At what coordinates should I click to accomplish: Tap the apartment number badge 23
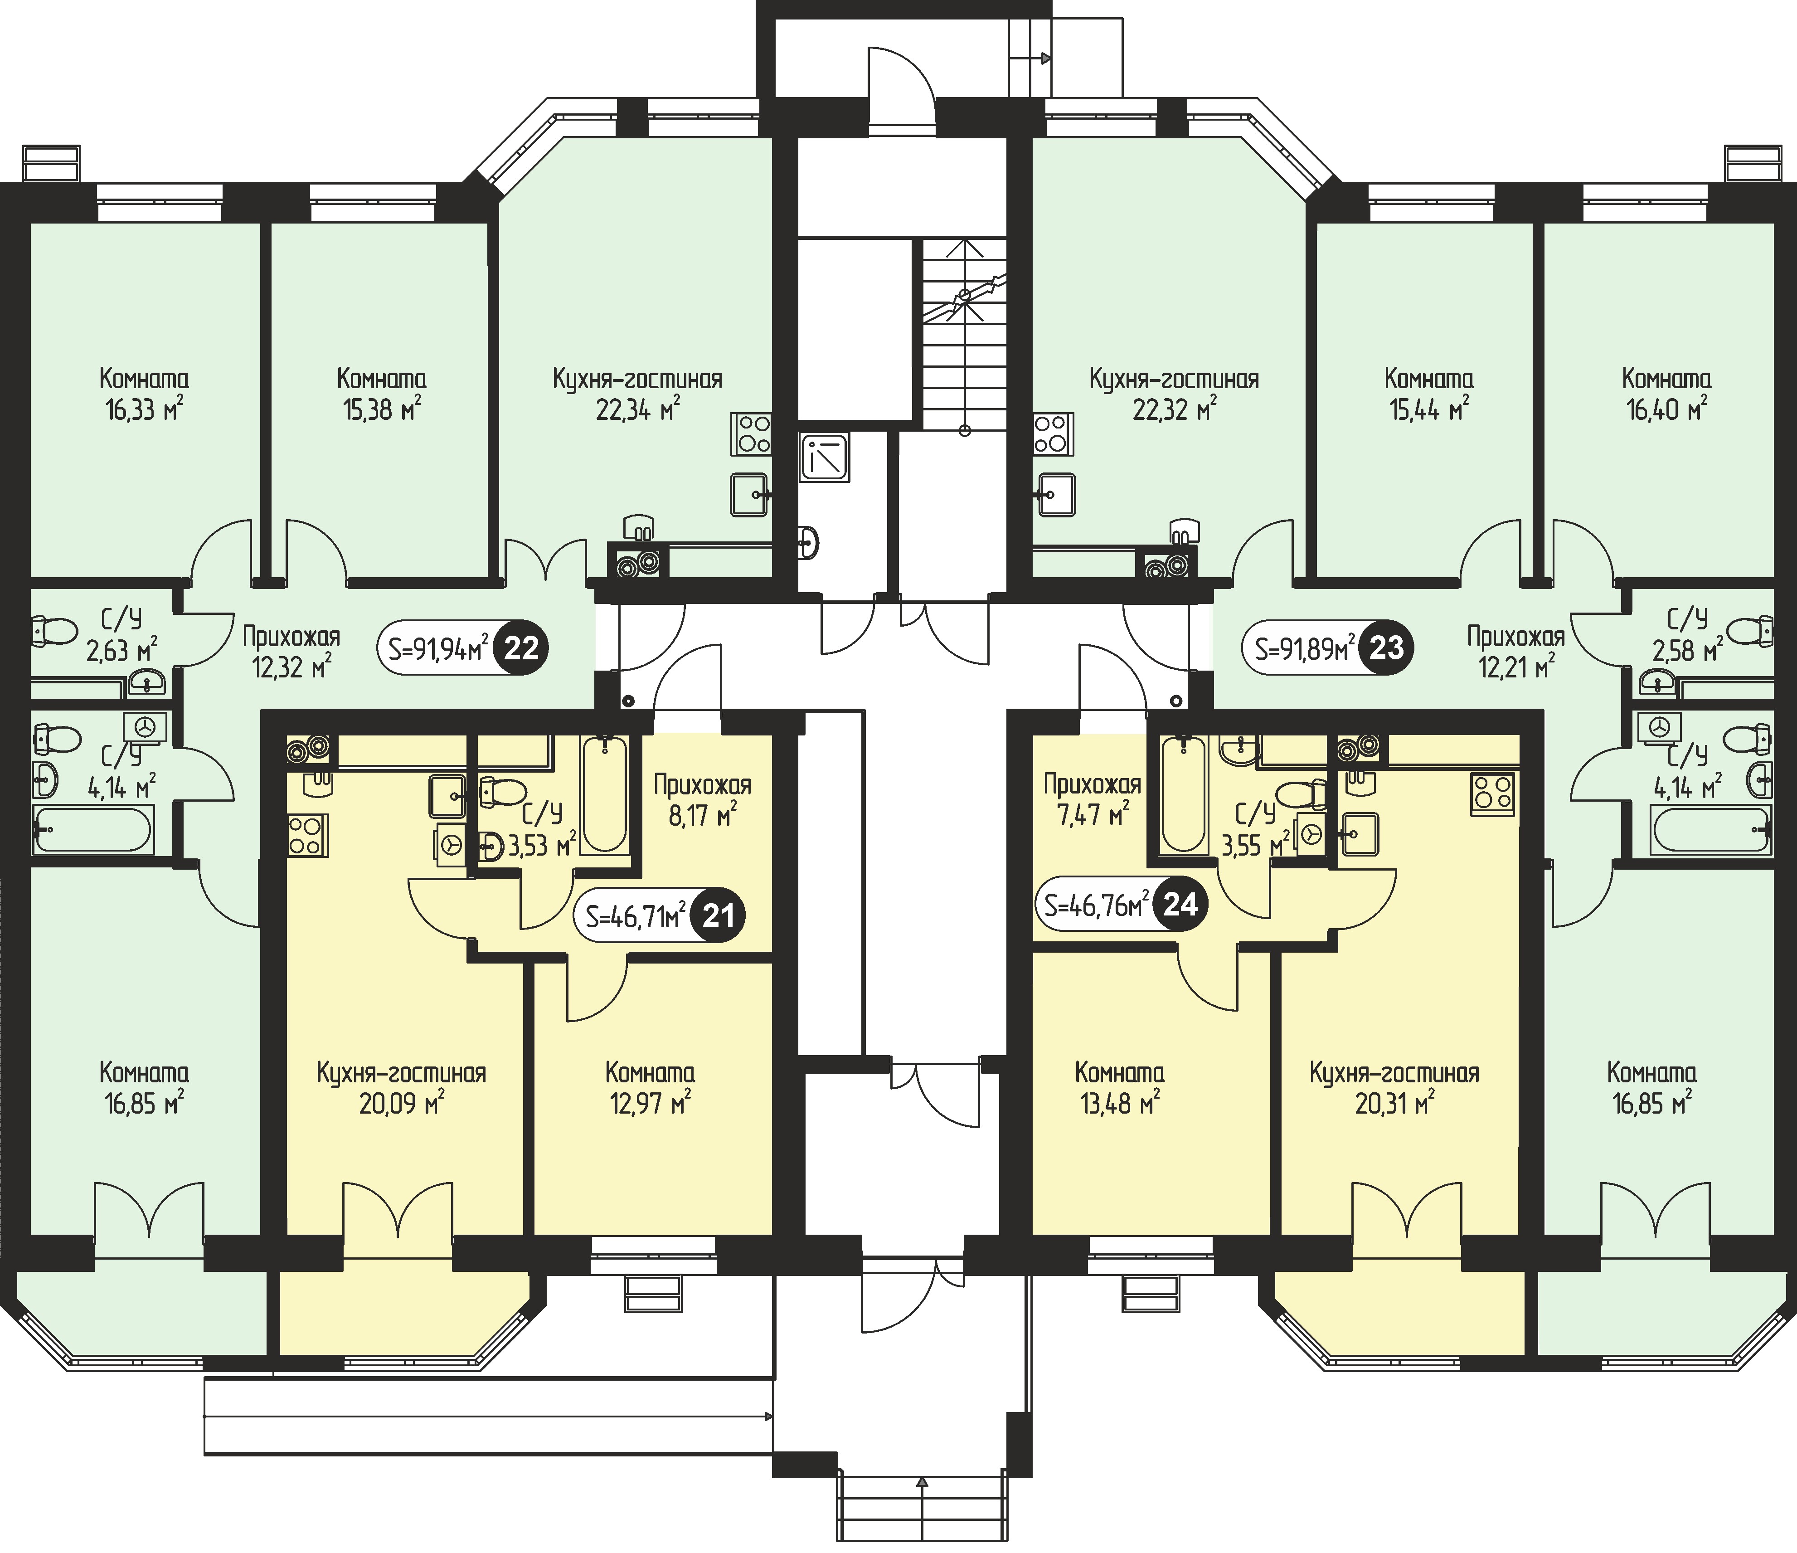[1386, 647]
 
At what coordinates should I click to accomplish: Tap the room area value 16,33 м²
[144, 409]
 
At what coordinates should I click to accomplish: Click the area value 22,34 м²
[637, 409]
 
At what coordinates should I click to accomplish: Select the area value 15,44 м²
[1428, 409]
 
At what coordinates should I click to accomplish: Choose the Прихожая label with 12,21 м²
[1515, 637]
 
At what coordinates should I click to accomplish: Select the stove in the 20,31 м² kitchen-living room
[1492, 794]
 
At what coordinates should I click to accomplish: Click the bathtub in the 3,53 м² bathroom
[604, 795]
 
